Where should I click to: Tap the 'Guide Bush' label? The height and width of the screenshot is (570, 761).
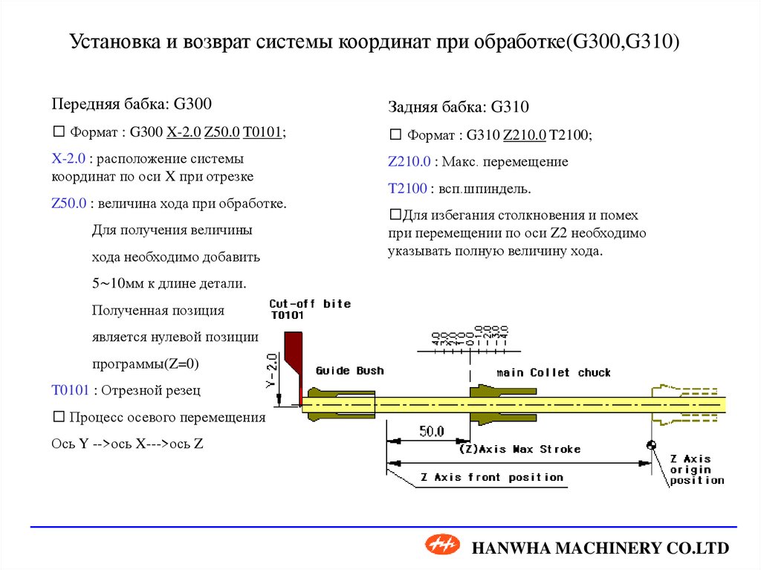click(349, 371)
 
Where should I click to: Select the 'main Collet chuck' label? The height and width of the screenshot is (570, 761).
click(554, 372)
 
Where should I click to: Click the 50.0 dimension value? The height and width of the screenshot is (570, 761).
click(431, 431)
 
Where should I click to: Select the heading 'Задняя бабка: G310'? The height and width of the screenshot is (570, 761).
click(458, 107)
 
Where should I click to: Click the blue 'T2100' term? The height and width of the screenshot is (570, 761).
click(407, 189)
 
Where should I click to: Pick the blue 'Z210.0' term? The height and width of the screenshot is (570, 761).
click(409, 161)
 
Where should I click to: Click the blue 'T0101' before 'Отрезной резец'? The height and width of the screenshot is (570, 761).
click(70, 389)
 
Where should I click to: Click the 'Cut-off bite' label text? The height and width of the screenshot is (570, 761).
click(309, 304)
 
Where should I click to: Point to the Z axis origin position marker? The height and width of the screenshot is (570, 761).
click(652, 445)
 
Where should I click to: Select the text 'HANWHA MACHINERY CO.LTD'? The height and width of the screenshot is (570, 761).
click(601, 548)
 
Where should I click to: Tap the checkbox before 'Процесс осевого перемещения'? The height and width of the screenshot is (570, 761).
click(58, 417)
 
